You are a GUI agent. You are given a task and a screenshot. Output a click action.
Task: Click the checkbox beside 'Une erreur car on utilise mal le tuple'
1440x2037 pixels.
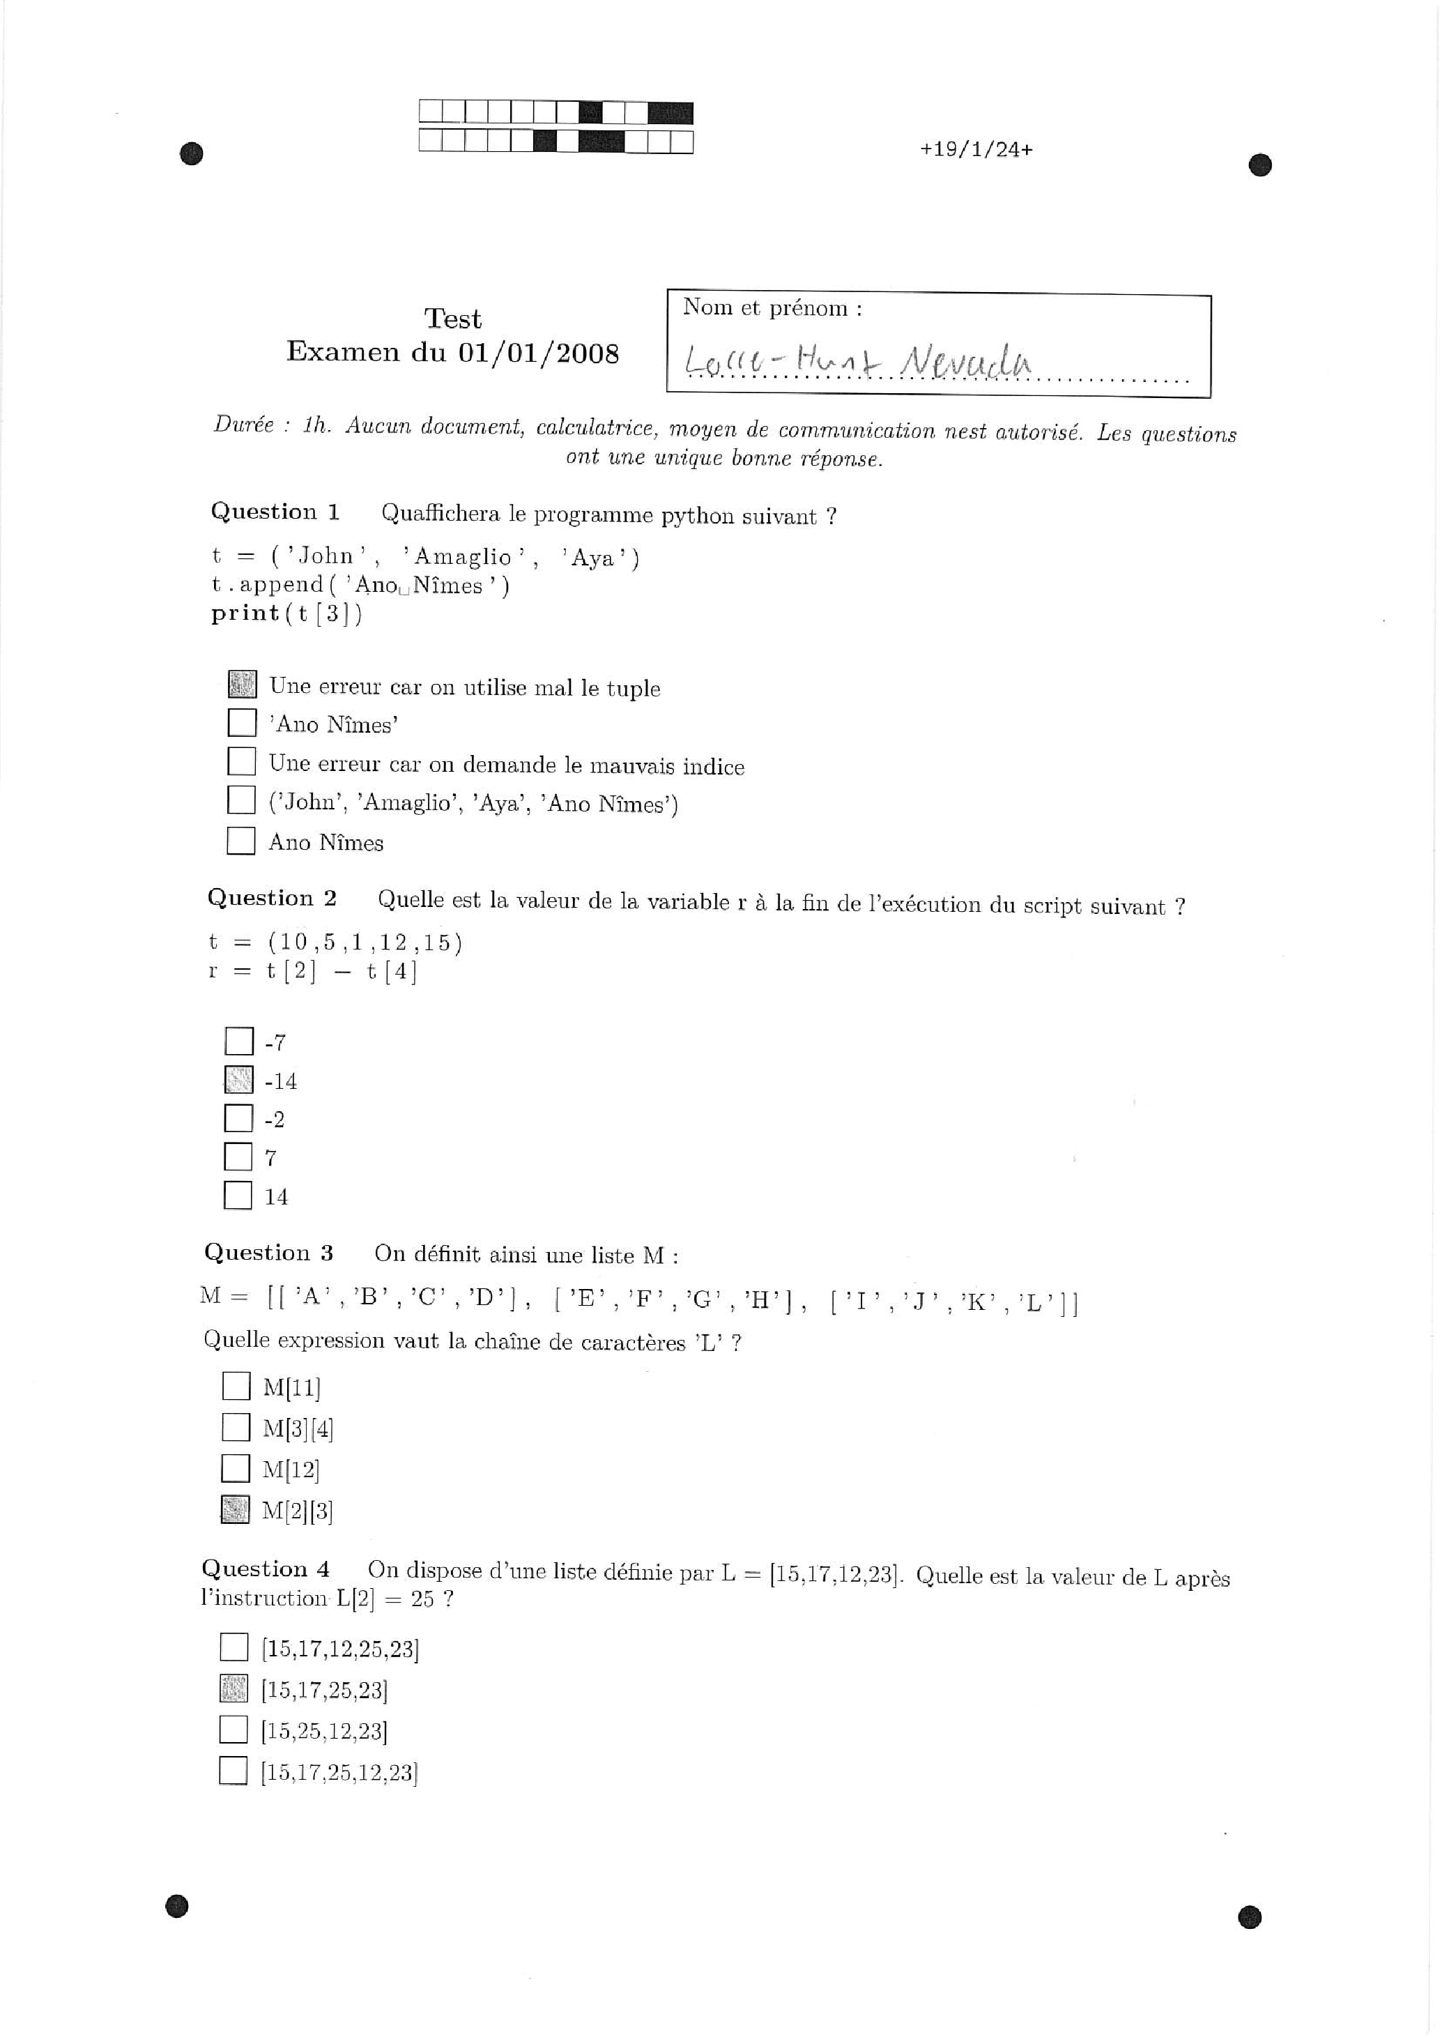pyautogui.click(x=243, y=684)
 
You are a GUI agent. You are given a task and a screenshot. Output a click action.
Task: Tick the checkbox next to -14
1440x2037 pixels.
pyautogui.click(x=238, y=1080)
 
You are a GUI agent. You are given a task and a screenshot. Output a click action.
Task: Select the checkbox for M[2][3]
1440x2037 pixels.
pyautogui.click(x=235, y=1509)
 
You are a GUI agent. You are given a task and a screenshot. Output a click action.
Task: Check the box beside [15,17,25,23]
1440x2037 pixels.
pyautogui.click(x=233, y=1689)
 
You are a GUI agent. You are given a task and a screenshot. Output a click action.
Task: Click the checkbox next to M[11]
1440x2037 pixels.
pyautogui.click(x=236, y=1386)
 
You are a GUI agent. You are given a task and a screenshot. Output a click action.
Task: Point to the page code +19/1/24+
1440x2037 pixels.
pyautogui.click(x=976, y=149)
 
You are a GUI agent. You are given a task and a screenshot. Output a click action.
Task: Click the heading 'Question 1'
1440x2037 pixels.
pyautogui.click(x=275, y=512)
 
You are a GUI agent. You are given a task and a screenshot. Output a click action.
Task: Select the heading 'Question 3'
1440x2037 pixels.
pyautogui.click(x=269, y=1252)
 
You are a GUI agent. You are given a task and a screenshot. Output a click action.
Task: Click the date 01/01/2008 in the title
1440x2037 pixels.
pyautogui.click(x=539, y=353)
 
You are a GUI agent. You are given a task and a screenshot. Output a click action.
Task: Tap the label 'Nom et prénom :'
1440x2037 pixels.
pyautogui.click(x=772, y=308)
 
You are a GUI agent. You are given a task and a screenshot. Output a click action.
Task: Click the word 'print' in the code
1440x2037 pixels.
pyautogui.click(x=245, y=613)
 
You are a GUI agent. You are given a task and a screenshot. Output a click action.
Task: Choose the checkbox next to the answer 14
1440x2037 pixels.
pyautogui.click(x=238, y=1195)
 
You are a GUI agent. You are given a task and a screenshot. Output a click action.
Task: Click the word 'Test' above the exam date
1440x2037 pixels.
pyautogui.click(x=452, y=319)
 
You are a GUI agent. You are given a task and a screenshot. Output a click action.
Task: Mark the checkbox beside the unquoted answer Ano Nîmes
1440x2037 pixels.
pyautogui.click(x=240, y=840)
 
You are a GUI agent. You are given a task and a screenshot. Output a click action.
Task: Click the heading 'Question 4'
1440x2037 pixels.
pyautogui.click(x=266, y=1569)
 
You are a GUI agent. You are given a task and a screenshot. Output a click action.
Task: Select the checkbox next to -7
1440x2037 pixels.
pyautogui.click(x=238, y=1041)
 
